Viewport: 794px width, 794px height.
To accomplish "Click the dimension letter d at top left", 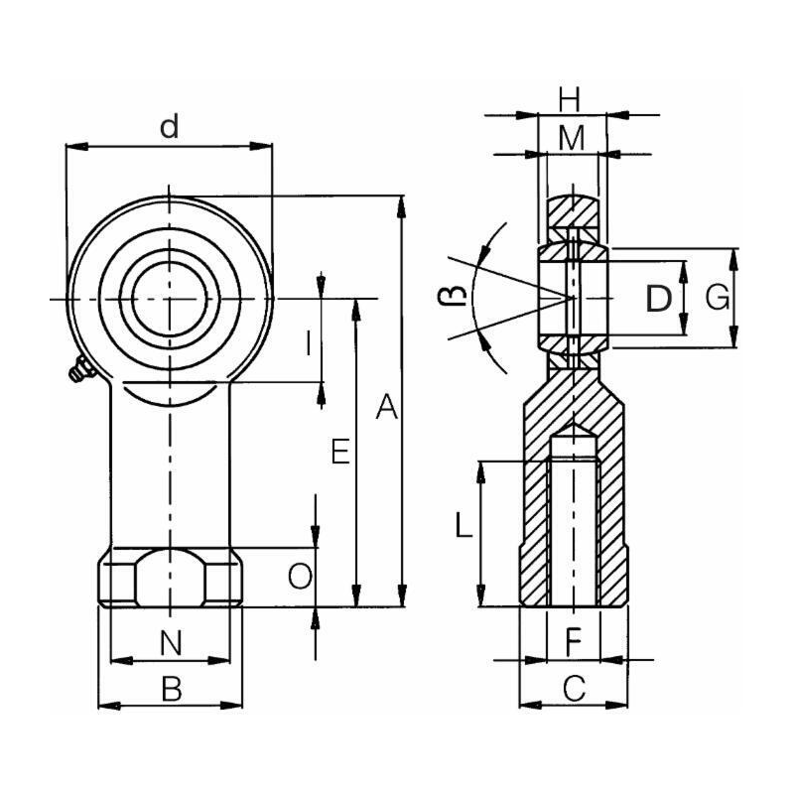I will point(170,127).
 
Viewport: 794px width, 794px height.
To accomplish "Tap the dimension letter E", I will point(339,453).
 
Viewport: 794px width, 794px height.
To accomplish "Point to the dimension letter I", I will point(309,343).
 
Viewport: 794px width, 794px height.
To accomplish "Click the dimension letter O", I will point(299,576).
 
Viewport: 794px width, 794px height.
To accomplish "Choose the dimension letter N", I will point(171,643).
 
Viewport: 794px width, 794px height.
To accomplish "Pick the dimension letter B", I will point(171,689).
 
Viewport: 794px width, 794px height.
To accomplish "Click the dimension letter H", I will point(569,99).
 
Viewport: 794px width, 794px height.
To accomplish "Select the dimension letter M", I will point(570,139).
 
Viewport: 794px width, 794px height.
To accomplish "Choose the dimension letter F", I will point(573,642).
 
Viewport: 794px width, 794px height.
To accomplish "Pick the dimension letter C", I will point(574,688).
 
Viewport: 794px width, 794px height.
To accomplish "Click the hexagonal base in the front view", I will point(170,578).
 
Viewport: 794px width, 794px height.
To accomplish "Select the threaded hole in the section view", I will point(573,526).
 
